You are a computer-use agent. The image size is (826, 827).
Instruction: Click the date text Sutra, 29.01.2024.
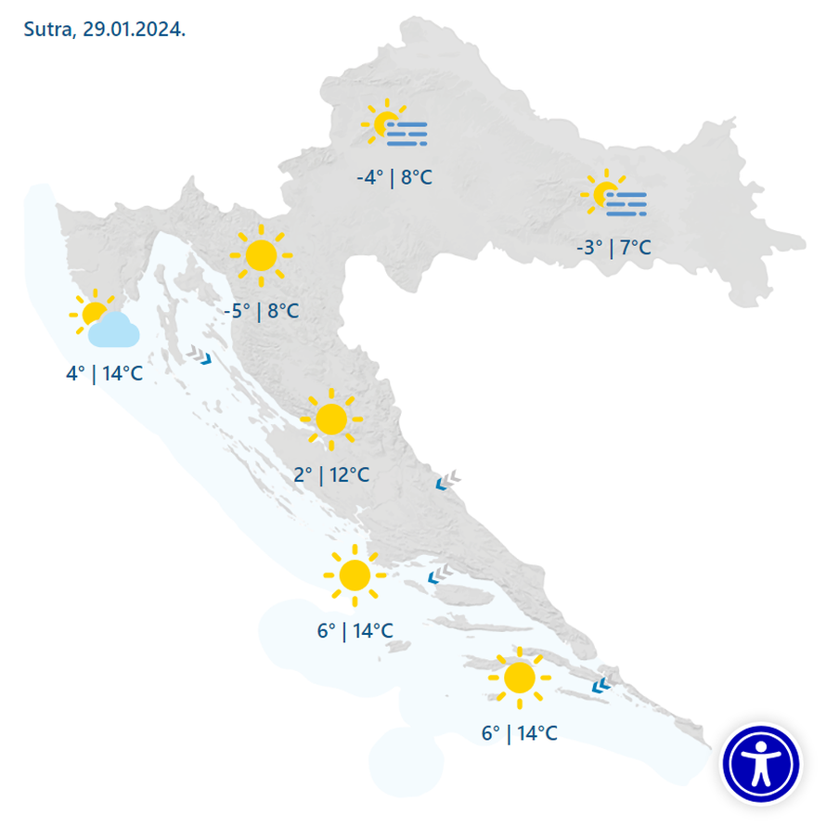(x=104, y=28)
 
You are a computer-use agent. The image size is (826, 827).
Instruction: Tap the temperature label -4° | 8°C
(x=394, y=177)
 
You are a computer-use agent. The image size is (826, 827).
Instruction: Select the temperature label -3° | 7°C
(x=613, y=248)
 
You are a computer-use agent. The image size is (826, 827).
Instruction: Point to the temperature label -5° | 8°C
(x=262, y=311)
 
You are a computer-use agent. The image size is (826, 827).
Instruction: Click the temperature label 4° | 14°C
(x=104, y=374)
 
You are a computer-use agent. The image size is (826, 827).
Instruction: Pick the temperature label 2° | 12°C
(x=331, y=475)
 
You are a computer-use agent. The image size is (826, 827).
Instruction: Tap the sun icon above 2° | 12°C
(x=330, y=420)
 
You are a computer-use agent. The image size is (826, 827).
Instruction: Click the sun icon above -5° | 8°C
(x=261, y=253)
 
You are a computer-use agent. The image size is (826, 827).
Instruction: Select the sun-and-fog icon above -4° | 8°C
(x=395, y=128)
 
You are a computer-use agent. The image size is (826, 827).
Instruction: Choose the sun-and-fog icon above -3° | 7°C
(x=613, y=197)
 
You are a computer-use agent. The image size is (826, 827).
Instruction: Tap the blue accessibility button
(x=761, y=763)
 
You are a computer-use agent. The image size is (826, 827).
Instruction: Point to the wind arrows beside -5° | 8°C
(x=200, y=355)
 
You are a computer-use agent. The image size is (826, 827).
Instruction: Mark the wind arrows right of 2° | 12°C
(x=448, y=480)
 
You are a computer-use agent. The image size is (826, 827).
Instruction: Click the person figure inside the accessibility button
(x=761, y=763)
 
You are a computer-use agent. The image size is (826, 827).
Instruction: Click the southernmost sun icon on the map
(x=519, y=678)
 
